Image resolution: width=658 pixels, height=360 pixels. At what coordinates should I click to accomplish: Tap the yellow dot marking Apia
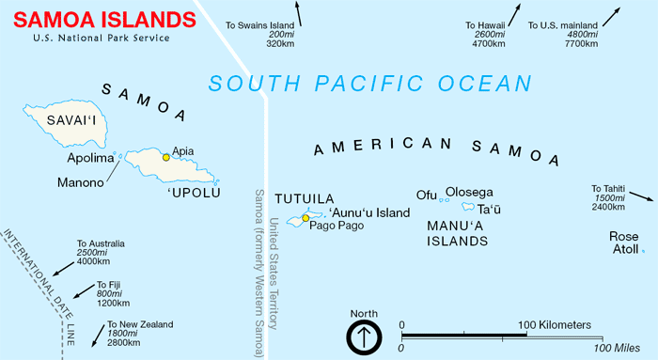point(166,157)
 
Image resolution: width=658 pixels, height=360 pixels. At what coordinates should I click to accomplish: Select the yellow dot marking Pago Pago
point(305,219)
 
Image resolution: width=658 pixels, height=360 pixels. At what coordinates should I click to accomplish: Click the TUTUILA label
point(304,199)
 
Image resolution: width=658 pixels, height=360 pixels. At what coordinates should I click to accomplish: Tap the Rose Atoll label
point(624,243)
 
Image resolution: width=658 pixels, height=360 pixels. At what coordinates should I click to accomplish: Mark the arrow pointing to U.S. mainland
point(612,14)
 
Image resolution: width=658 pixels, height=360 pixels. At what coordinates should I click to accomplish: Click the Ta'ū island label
point(490,209)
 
